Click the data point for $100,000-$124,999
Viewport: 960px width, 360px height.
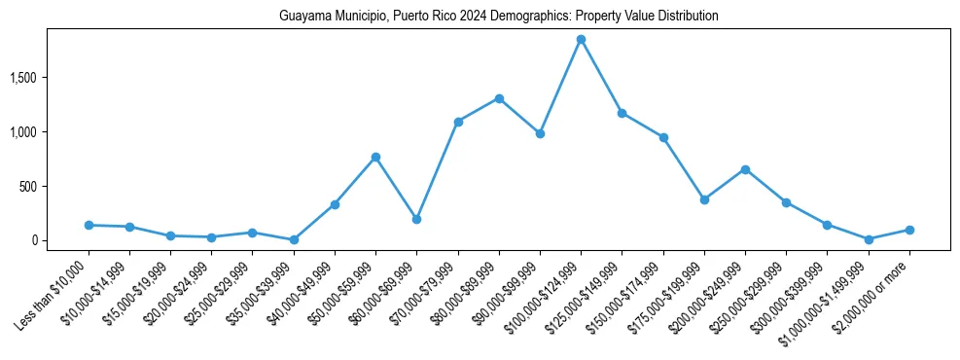(581, 40)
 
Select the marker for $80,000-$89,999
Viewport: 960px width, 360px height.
(499, 98)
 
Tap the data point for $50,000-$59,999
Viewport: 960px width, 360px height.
(375, 157)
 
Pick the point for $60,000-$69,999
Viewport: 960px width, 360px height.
(416, 219)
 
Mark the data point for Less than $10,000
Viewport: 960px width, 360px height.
(89, 225)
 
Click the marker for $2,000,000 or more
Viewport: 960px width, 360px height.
(909, 230)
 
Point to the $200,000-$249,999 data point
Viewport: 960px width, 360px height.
(745, 169)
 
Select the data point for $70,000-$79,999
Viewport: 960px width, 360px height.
(458, 122)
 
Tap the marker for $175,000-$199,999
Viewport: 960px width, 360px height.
(704, 199)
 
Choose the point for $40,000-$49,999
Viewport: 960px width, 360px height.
(335, 204)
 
